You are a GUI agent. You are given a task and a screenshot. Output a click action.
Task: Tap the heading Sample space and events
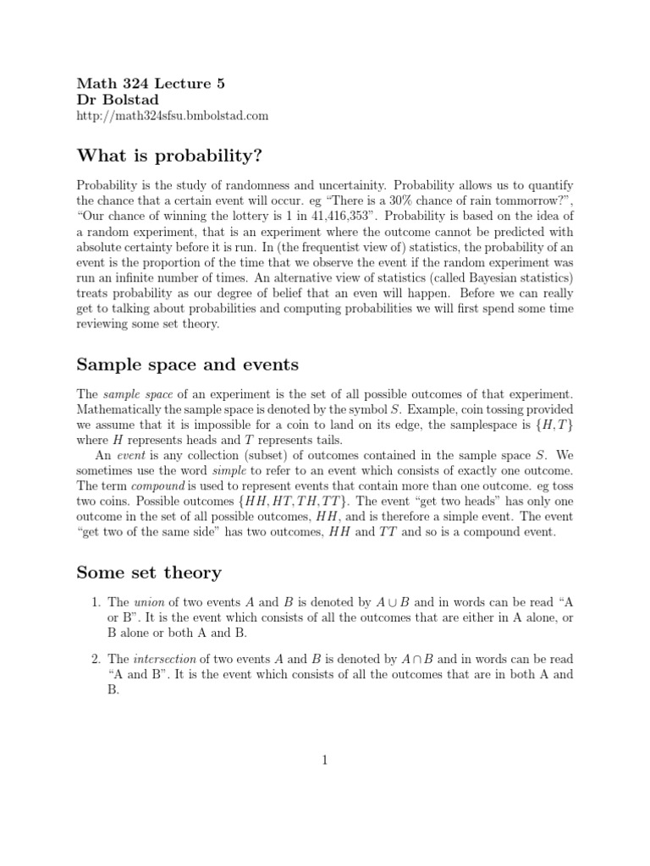click(x=187, y=364)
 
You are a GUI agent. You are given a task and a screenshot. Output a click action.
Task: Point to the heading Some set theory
click(x=149, y=573)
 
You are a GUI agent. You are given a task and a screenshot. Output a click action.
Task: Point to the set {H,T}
click(x=554, y=425)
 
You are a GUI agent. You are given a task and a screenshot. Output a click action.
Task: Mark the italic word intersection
click(x=162, y=659)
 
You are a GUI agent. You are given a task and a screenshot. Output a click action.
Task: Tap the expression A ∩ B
click(x=416, y=659)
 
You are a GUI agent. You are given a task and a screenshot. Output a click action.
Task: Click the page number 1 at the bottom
click(x=324, y=760)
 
